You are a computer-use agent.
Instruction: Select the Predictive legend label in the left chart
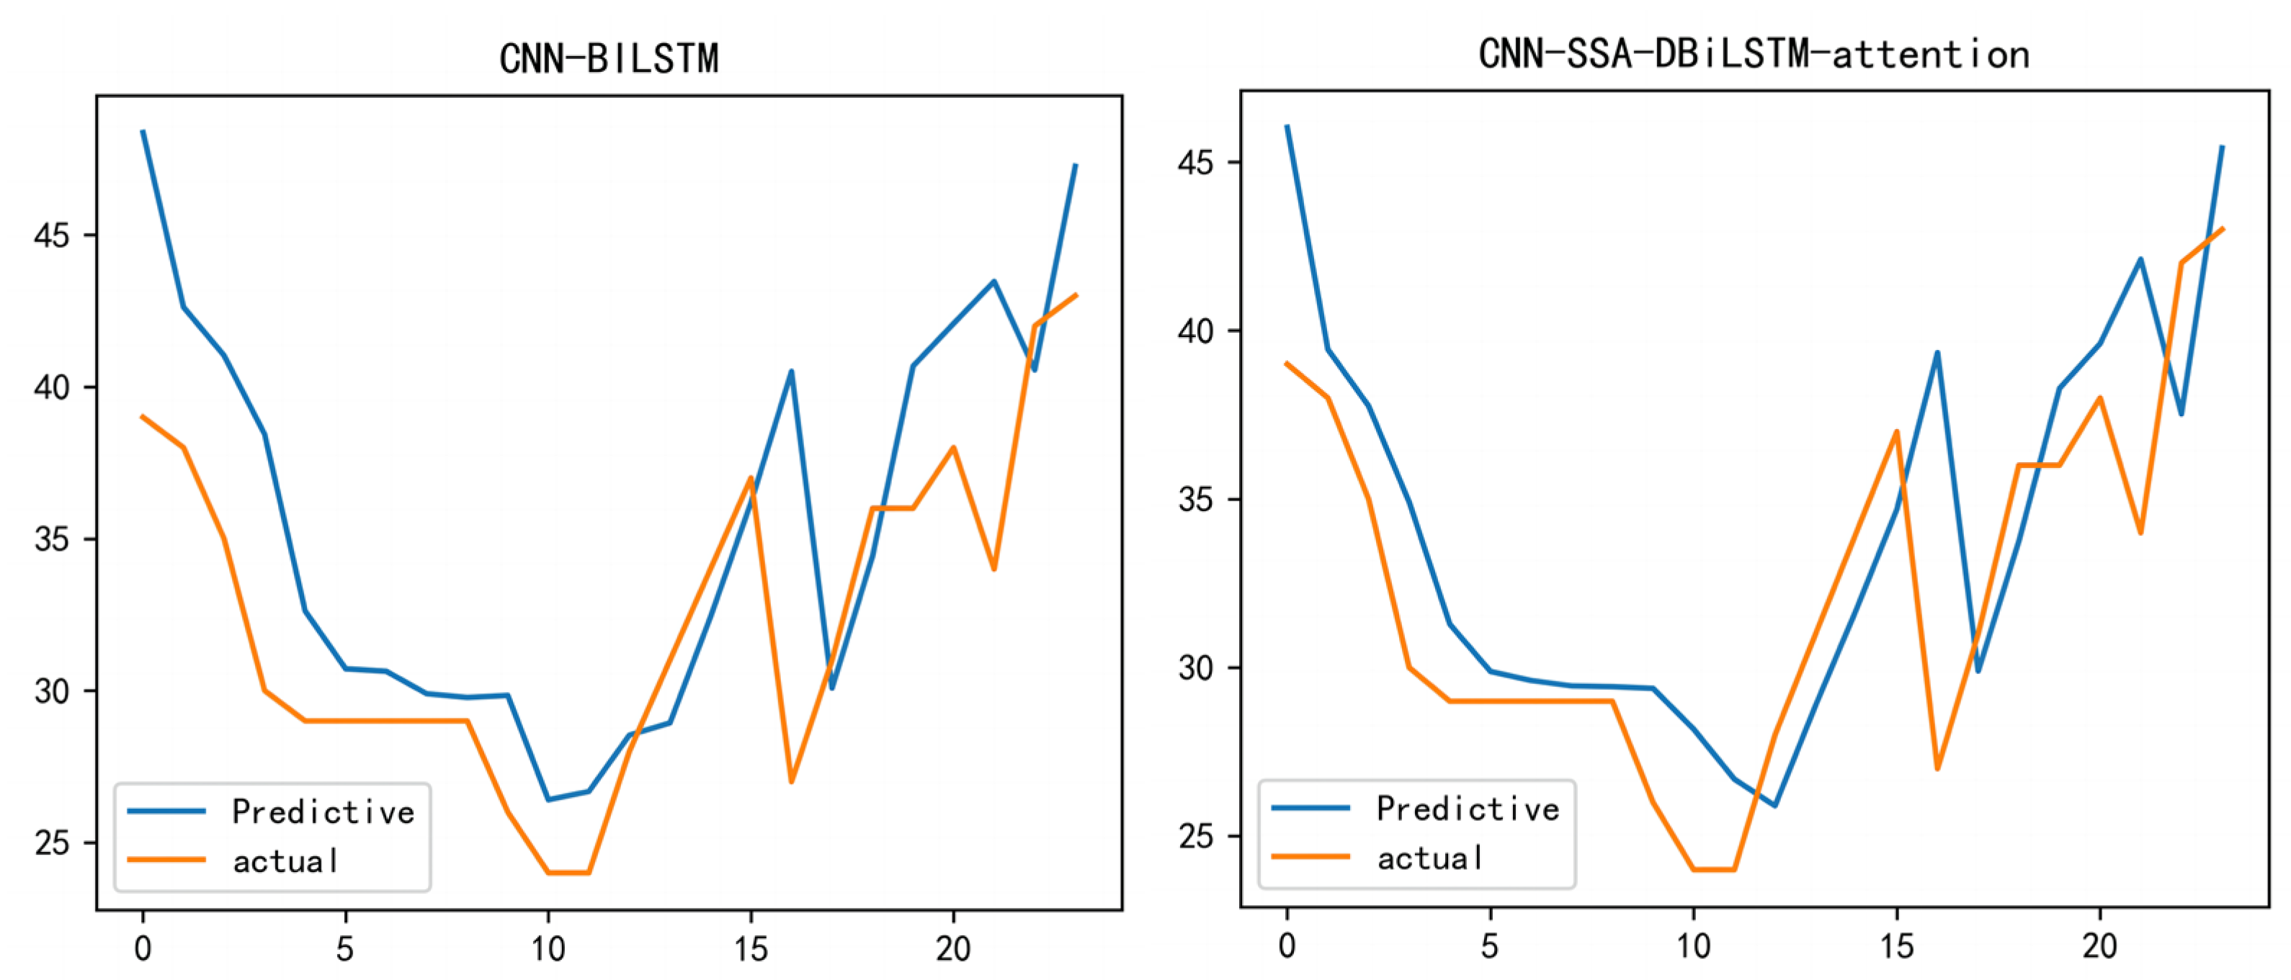[x=323, y=811]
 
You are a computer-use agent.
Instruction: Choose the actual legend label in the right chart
[x=1429, y=858]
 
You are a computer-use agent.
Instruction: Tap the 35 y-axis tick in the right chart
[x=1195, y=500]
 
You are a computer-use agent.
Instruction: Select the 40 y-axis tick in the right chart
[x=1195, y=331]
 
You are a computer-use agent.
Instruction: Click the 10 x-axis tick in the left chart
[x=548, y=950]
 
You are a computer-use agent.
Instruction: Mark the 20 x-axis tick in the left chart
[x=953, y=950]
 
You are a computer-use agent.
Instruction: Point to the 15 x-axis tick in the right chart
[x=1896, y=946]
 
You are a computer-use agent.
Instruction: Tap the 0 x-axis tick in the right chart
[x=1287, y=946]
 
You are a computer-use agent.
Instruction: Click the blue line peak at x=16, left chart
[x=790, y=372]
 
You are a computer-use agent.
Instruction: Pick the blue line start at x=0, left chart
[x=143, y=132]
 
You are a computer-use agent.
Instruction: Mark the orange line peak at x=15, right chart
[x=1896, y=432]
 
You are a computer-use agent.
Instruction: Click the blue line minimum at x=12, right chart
[x=1774, y=806]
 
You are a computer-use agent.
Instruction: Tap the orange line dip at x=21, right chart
[x=2140, y=533]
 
